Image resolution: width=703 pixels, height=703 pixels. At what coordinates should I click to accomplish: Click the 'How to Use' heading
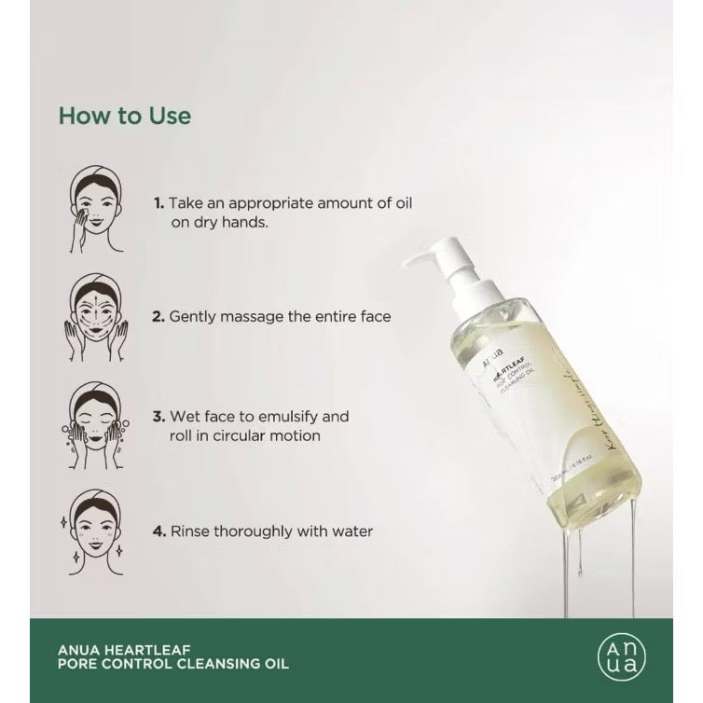point(124,116)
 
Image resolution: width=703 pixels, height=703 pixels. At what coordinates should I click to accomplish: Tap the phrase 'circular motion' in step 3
point(269,435)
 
